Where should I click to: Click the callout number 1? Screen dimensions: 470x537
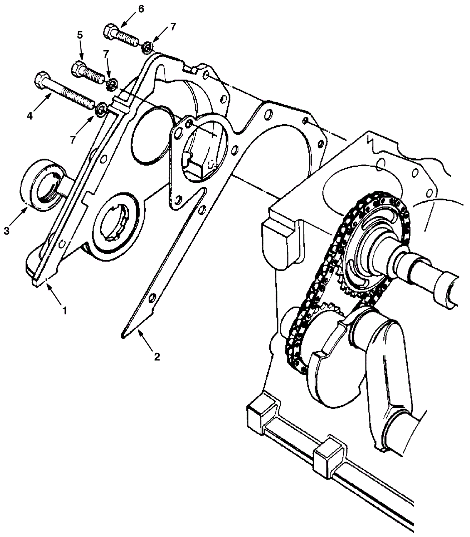tap(64, 310)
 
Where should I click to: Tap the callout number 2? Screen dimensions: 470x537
tap(157, 357)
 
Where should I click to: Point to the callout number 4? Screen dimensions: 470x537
tap(30, 116)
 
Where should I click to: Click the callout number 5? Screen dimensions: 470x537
tap(80, 35)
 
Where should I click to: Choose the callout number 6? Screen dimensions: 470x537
tap(141, 9)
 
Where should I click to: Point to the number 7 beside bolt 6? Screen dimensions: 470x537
tap(173, 27)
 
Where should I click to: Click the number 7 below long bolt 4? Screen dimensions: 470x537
tap(73, 140)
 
